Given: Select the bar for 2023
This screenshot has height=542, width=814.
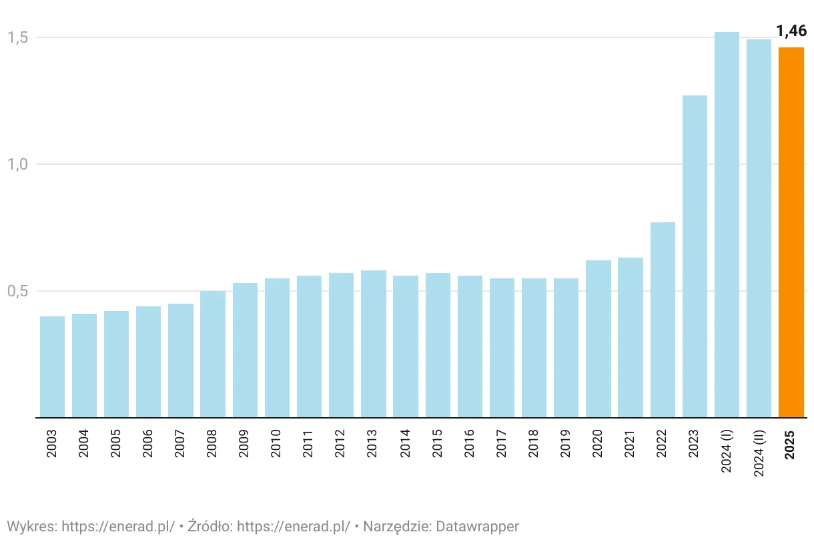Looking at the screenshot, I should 695,256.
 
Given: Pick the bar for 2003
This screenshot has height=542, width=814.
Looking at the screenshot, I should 52,366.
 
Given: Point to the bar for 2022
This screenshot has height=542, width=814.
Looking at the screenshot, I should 663,320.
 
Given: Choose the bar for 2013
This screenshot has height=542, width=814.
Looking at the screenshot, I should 374,344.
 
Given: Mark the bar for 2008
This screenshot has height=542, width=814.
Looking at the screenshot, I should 213,354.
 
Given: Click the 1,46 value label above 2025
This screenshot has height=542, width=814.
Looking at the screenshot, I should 791,31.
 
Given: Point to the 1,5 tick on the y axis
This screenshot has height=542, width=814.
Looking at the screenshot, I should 17,37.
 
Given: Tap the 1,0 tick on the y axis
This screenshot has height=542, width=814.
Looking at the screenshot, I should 17,164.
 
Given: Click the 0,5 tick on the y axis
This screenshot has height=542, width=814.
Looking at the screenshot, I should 17,291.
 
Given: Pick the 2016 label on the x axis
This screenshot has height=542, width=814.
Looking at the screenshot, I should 470,443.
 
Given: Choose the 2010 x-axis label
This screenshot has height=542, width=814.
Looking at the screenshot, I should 277,443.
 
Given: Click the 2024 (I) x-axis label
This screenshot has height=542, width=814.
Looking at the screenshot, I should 727,450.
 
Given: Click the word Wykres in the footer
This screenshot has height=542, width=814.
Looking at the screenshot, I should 31,526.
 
